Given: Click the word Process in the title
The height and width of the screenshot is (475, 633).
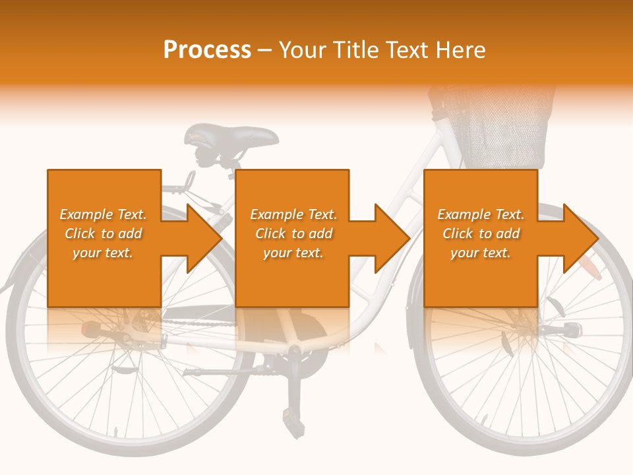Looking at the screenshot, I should [207, 49].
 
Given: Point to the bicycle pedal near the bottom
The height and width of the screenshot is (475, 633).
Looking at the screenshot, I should [289, 415].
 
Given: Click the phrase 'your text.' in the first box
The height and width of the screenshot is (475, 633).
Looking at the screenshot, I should [103, 253].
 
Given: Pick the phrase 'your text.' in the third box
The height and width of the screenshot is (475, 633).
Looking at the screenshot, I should [480, 253].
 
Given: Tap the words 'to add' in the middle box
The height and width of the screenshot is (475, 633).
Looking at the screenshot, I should [313, 234].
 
